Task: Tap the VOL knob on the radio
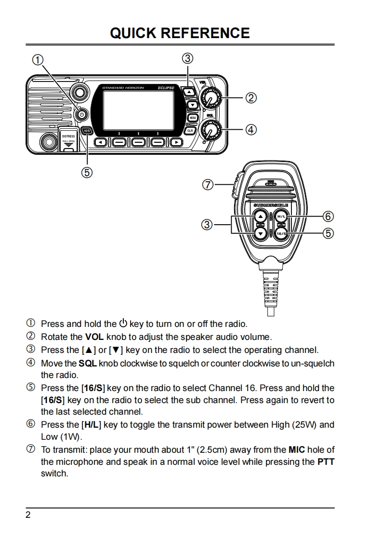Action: pyautogui.click(x=210, y=98)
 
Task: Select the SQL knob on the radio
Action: pyautogui.click(x=210, y=129)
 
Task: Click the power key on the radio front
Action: pyautogui.click(x=82, y=115)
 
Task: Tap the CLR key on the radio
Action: pyautogui.click(x=190, y=131)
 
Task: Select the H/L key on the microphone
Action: pyautogui.click(x=281, y=216)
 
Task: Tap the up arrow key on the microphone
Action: pyautogui.click(x=261, y=216)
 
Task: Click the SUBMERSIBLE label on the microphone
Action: pyautogui.click(x=271, y=205)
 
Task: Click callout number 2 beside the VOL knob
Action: pyautogui.click(x=250, y=98)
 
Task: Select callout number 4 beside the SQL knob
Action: pyautogui.click(x=250, y=129)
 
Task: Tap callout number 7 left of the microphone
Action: pyautogui.click(x=208, y=184)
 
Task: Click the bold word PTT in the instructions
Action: pyautogui.click(x=326, y=462)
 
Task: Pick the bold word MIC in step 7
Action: pyautogui.click(x=297, y=450)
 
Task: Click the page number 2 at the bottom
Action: pyautogui.click(x=28, y=515)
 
